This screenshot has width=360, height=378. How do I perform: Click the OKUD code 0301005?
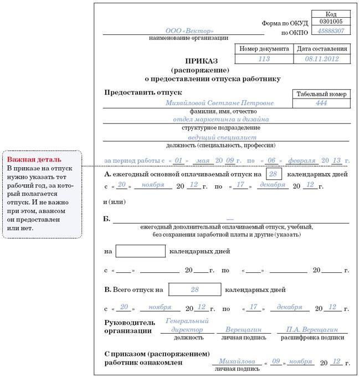(331, 22)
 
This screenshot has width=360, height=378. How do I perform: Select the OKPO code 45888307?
(331, 31)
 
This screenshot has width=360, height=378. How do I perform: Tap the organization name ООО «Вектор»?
(189, 31)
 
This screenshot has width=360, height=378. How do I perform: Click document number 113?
(264, 59)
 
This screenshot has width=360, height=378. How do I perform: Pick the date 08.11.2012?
(322, 59)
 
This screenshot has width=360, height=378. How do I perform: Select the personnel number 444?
(321, 103)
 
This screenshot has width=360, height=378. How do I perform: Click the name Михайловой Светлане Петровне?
(219, 103)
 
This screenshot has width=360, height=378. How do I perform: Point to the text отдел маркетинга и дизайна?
(220, 119)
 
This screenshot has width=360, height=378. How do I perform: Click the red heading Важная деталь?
(27, 159)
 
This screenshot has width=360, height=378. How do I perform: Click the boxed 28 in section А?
(274, 174)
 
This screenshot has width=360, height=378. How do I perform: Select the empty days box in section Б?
(141, 251)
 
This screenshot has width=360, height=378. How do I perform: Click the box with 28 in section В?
(194, 289)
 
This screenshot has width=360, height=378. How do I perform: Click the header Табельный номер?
(321, 94)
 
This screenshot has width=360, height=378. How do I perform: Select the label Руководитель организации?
(128, 327)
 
